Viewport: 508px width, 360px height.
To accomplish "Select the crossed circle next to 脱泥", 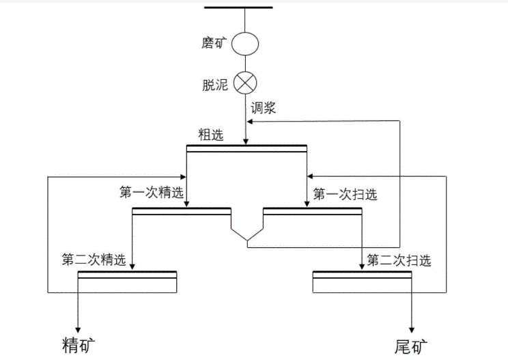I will tap(244, 83).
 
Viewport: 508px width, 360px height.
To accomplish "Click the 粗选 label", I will tap(210, 135).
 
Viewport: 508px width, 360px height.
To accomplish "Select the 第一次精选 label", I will tap(152, 193).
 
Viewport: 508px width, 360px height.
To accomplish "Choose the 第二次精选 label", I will tap(94, 260).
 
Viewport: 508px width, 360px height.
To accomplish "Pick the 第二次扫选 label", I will tap(400, 260).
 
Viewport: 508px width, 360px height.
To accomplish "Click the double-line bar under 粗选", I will tap(246, 147).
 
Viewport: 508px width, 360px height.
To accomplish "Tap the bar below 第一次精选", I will tap(182, 211).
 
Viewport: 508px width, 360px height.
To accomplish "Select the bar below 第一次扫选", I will tap(312, 211).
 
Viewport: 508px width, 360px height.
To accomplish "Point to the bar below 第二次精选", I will tap(128, 275).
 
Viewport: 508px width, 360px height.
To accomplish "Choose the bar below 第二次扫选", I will tap(362, 275).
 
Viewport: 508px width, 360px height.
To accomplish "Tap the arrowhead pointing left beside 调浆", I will tap(250, 122).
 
